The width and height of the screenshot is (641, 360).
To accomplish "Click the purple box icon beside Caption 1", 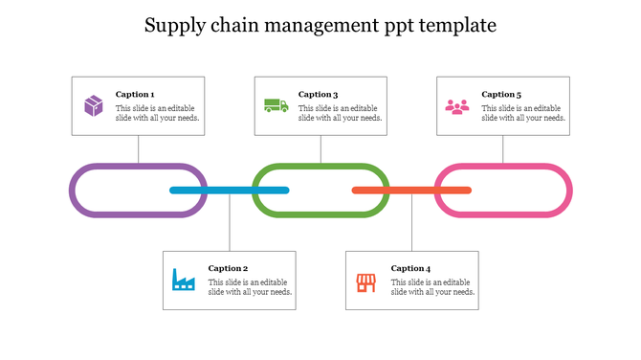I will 93,105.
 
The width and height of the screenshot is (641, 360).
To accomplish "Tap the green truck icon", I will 276,105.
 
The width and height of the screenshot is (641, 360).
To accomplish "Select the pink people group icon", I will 457,106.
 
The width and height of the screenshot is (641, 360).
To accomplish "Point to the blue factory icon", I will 183,280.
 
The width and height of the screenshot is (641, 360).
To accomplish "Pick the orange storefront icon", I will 365,281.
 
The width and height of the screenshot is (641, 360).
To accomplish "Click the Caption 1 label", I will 135,94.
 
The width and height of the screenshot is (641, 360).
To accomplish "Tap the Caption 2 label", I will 228,268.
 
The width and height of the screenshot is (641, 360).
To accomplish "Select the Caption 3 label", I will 318,94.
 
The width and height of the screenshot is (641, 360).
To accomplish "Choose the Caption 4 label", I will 410,268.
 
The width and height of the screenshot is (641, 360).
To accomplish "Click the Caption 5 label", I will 501,94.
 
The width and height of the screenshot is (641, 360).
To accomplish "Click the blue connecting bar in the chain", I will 230,191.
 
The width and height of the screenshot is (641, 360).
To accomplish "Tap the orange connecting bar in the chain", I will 411,191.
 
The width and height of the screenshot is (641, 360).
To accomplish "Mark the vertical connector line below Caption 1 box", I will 139,148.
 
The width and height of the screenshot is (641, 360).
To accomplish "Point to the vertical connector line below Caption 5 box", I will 503,148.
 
